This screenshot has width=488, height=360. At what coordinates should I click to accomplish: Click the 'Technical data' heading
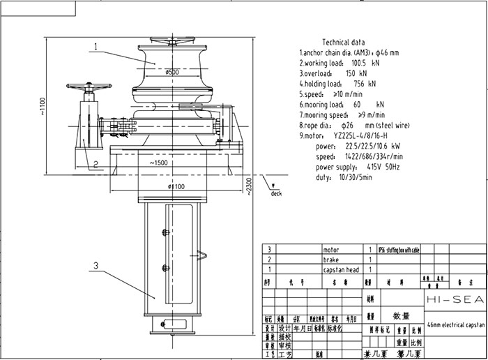click(348, 42)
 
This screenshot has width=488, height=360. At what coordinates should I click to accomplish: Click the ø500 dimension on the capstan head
click(172, 71)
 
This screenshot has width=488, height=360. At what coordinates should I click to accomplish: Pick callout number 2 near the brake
click(97, 164)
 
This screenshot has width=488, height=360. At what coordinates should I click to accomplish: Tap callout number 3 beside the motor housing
click(97, 266)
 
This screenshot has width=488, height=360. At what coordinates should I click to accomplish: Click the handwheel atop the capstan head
click(172, 40)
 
